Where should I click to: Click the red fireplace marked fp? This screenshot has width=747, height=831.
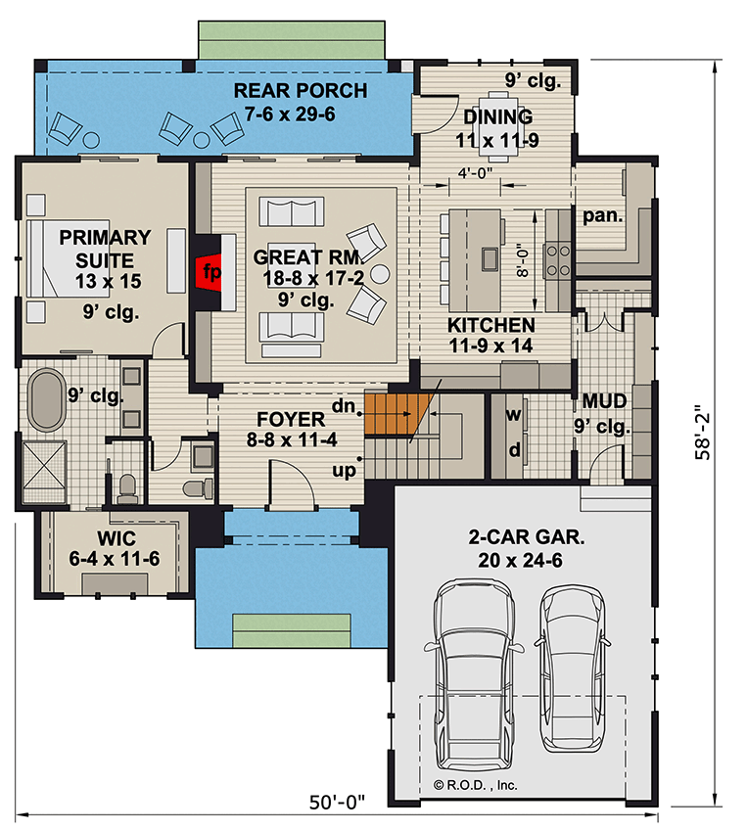[208, 271]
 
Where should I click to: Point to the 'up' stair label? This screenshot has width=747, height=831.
[344, 471]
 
